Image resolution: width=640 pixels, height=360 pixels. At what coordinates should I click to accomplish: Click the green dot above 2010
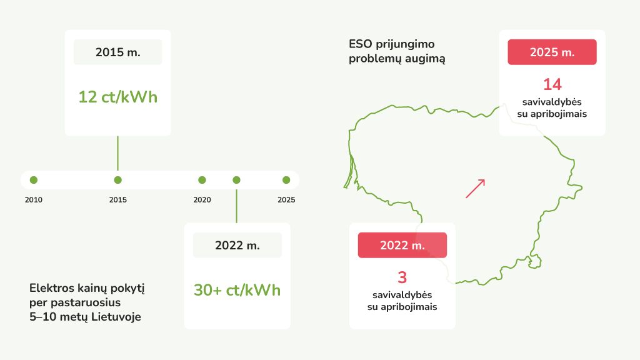pos(34,180)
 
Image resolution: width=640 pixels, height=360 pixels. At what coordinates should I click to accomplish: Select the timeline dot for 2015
pos(118,180)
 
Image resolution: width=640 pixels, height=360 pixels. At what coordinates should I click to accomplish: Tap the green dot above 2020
pos(202,180)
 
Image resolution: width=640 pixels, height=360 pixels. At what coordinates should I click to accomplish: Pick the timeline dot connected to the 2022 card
pos(236,180)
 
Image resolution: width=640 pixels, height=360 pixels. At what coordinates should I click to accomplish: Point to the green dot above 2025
pos(286,180)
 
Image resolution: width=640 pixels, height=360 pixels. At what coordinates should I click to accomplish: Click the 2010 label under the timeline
pos(34,199)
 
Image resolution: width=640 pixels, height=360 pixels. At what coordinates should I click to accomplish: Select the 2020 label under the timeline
pos(202,199)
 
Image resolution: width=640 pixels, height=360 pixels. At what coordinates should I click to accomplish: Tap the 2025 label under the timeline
pos(286,199)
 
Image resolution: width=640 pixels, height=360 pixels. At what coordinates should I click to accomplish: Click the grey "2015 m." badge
pos(118,52)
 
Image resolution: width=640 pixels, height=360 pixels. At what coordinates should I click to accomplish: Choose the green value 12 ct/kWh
pos(118,97)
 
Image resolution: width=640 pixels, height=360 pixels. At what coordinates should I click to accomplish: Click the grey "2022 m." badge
pos(237,245)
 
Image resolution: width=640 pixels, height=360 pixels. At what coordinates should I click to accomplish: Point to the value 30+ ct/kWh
pos(237,290)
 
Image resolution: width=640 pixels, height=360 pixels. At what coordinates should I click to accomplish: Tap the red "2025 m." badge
pos(552,52)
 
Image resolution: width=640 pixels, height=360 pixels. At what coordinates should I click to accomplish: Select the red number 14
pos(552,84)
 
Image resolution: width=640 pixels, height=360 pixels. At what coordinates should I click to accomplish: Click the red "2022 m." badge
pos(402,245)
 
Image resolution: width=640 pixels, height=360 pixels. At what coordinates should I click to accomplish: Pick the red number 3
pos(402,277)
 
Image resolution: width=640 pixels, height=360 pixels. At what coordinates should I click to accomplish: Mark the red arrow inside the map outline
pos(476,189)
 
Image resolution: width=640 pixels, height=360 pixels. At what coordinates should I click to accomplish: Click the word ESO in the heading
pos(361,44)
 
